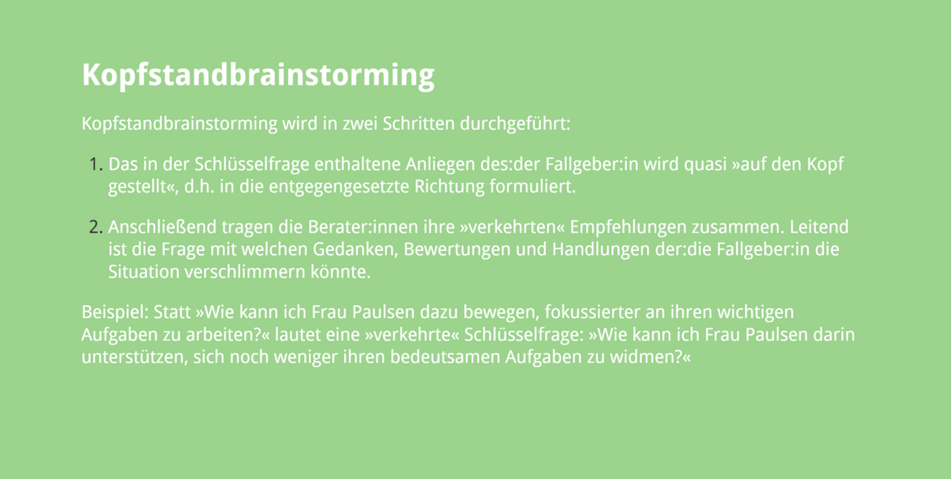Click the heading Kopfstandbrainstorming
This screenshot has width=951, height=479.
pos(258,76)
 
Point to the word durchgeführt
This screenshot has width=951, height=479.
pos(515,124)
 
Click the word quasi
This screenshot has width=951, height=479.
pos(706,165)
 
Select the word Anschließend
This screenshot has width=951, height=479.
pos(162,227)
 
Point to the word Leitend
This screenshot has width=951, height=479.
pos(819,227)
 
